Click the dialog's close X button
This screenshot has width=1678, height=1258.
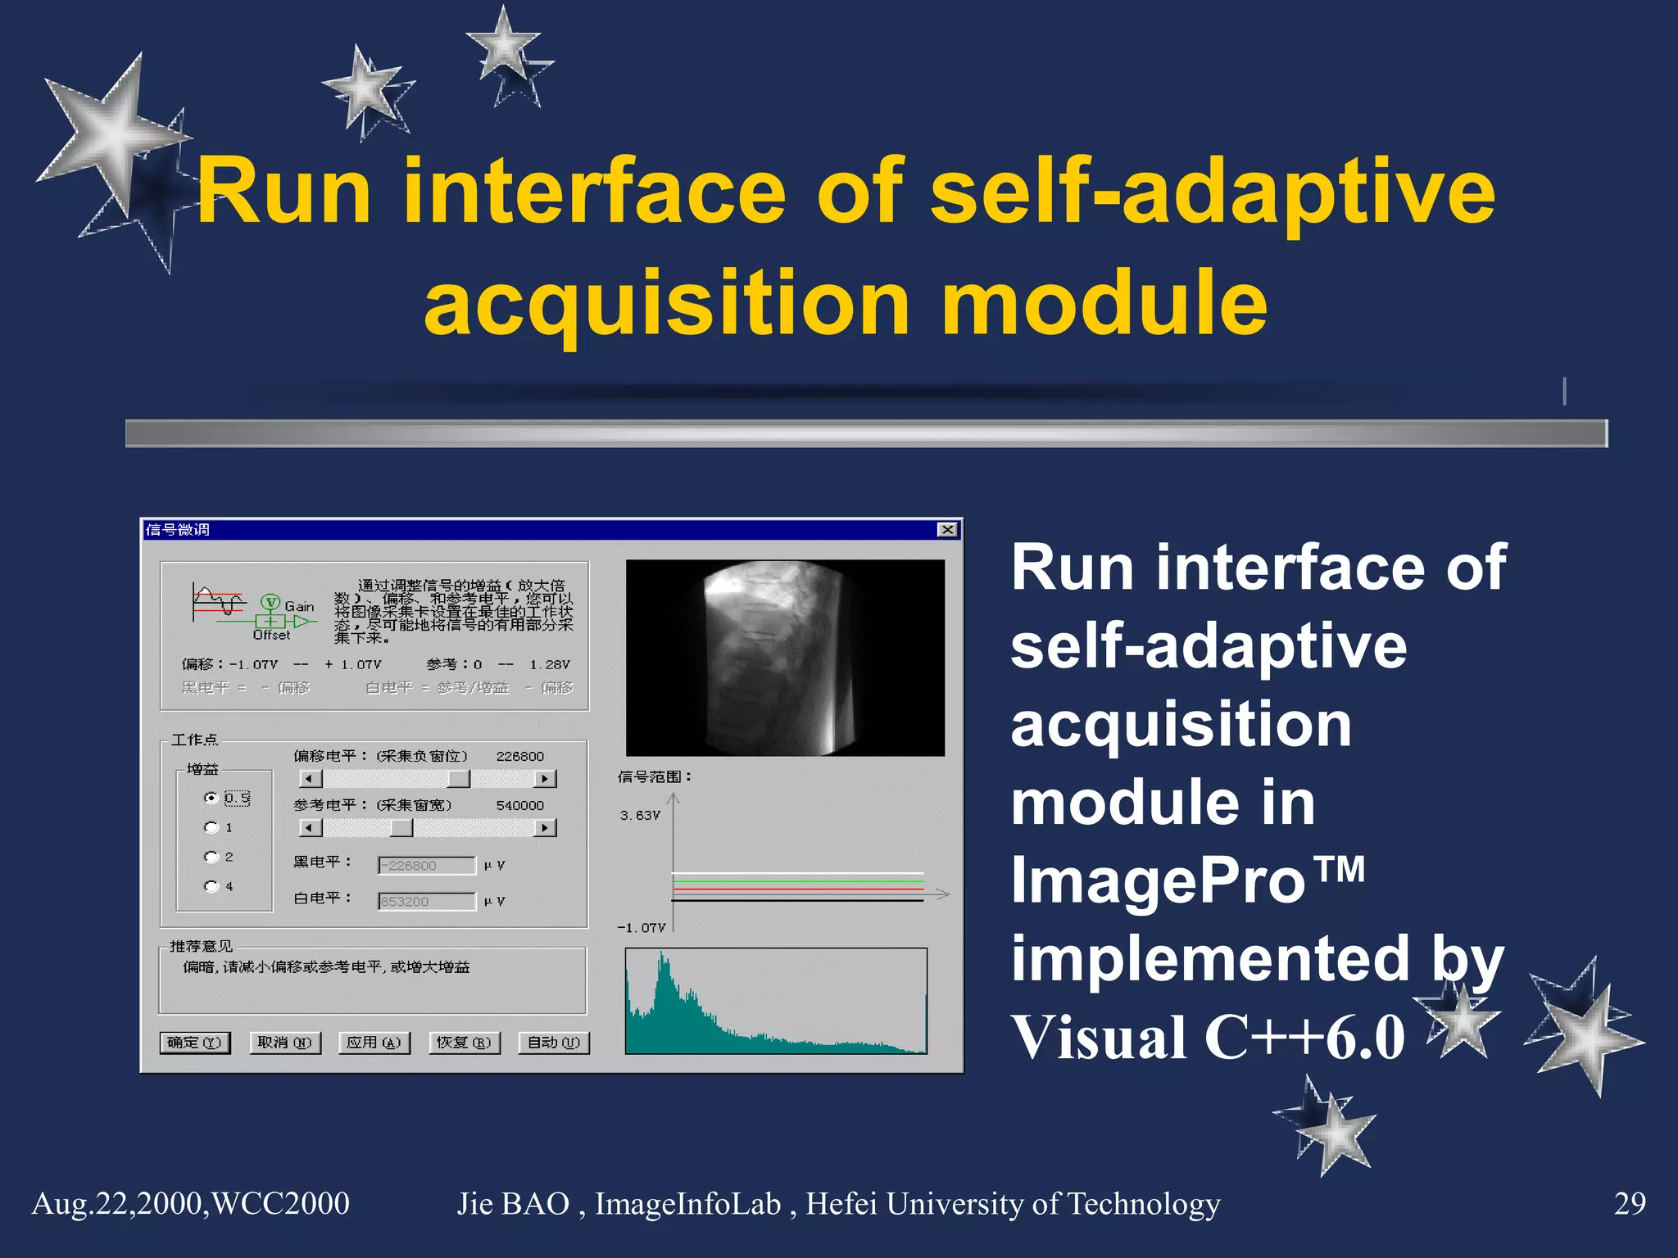[x=947, y=530]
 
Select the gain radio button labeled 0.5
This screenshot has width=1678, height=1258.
[x=211, y=798]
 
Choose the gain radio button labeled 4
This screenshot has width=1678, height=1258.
[x=211, y=886]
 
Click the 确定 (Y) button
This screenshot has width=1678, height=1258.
[x=194, y=1043]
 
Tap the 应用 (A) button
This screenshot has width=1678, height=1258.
[x=374, y=1043]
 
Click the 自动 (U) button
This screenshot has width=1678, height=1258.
[x=554, y=1043]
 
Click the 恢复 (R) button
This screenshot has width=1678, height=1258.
[x=464, y=1043]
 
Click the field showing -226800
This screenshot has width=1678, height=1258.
[x=426, y=866]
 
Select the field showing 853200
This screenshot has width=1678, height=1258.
[x=426, y=902]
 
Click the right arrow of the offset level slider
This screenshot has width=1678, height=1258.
[x=545, y=779]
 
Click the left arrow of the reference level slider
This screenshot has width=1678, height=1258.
[x=309, y=828]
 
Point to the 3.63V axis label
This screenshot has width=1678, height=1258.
[x=640, y=816]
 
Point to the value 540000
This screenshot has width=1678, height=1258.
[x=519, y=806]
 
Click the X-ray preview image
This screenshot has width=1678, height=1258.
[x=784, y=658]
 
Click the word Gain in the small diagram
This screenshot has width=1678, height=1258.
[x=299, y=606]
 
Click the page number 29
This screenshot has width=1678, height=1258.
[x=1629, y=1204]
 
